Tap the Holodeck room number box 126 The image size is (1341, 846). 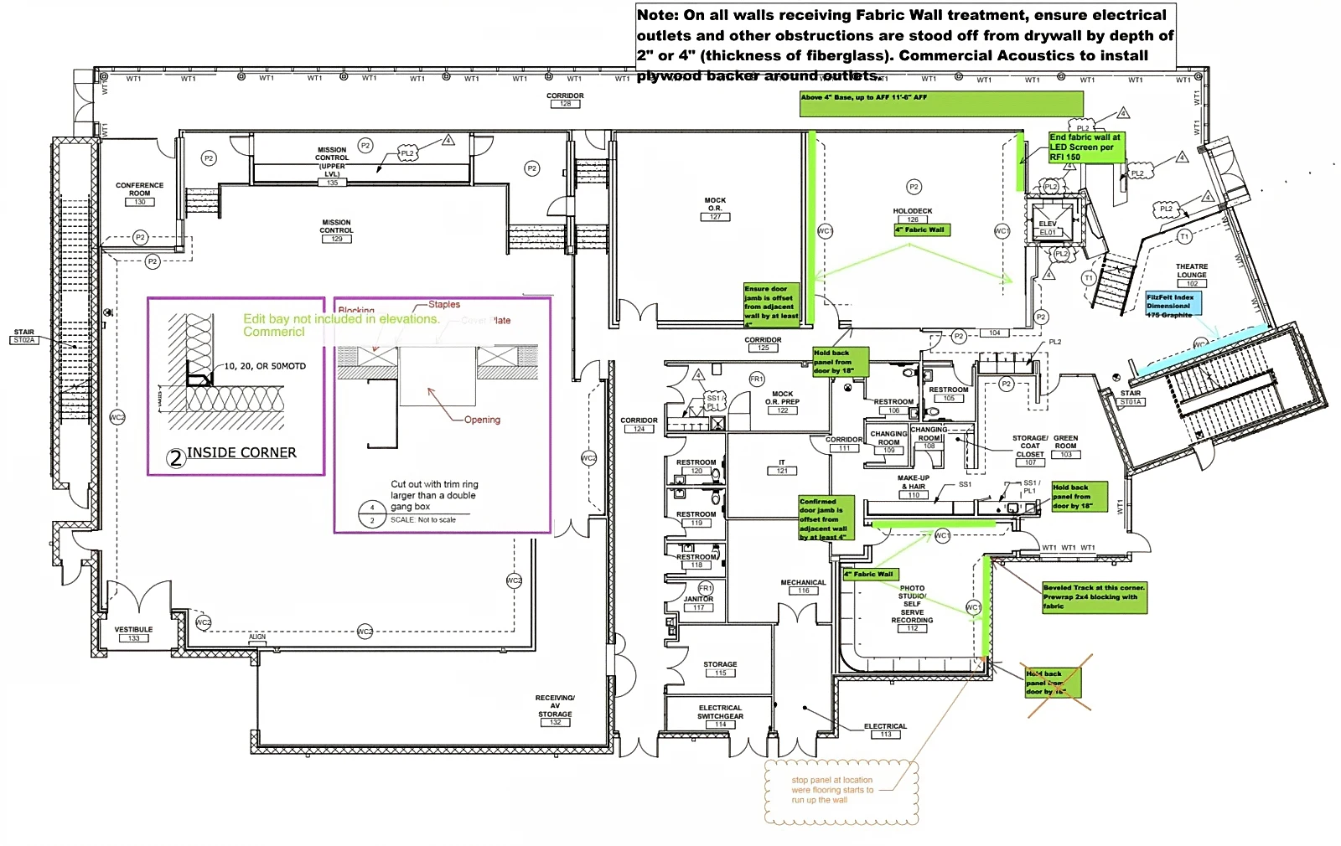[912, 219]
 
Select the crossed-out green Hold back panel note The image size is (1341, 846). [1054, 683]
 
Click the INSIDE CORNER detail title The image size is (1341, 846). [241, 453]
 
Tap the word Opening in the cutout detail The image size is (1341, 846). [482, 420]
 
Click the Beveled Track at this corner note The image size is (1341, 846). [1094, 596]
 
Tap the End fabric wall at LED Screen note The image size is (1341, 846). [1085, 147]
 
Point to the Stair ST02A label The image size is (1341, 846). [24, 336]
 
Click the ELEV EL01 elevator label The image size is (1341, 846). [1048, 228]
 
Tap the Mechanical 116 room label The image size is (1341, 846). [803, 586]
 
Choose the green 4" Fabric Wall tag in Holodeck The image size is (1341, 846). [921, 230]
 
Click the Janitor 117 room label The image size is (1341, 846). [698, 603]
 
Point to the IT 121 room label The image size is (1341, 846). [781, 467]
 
